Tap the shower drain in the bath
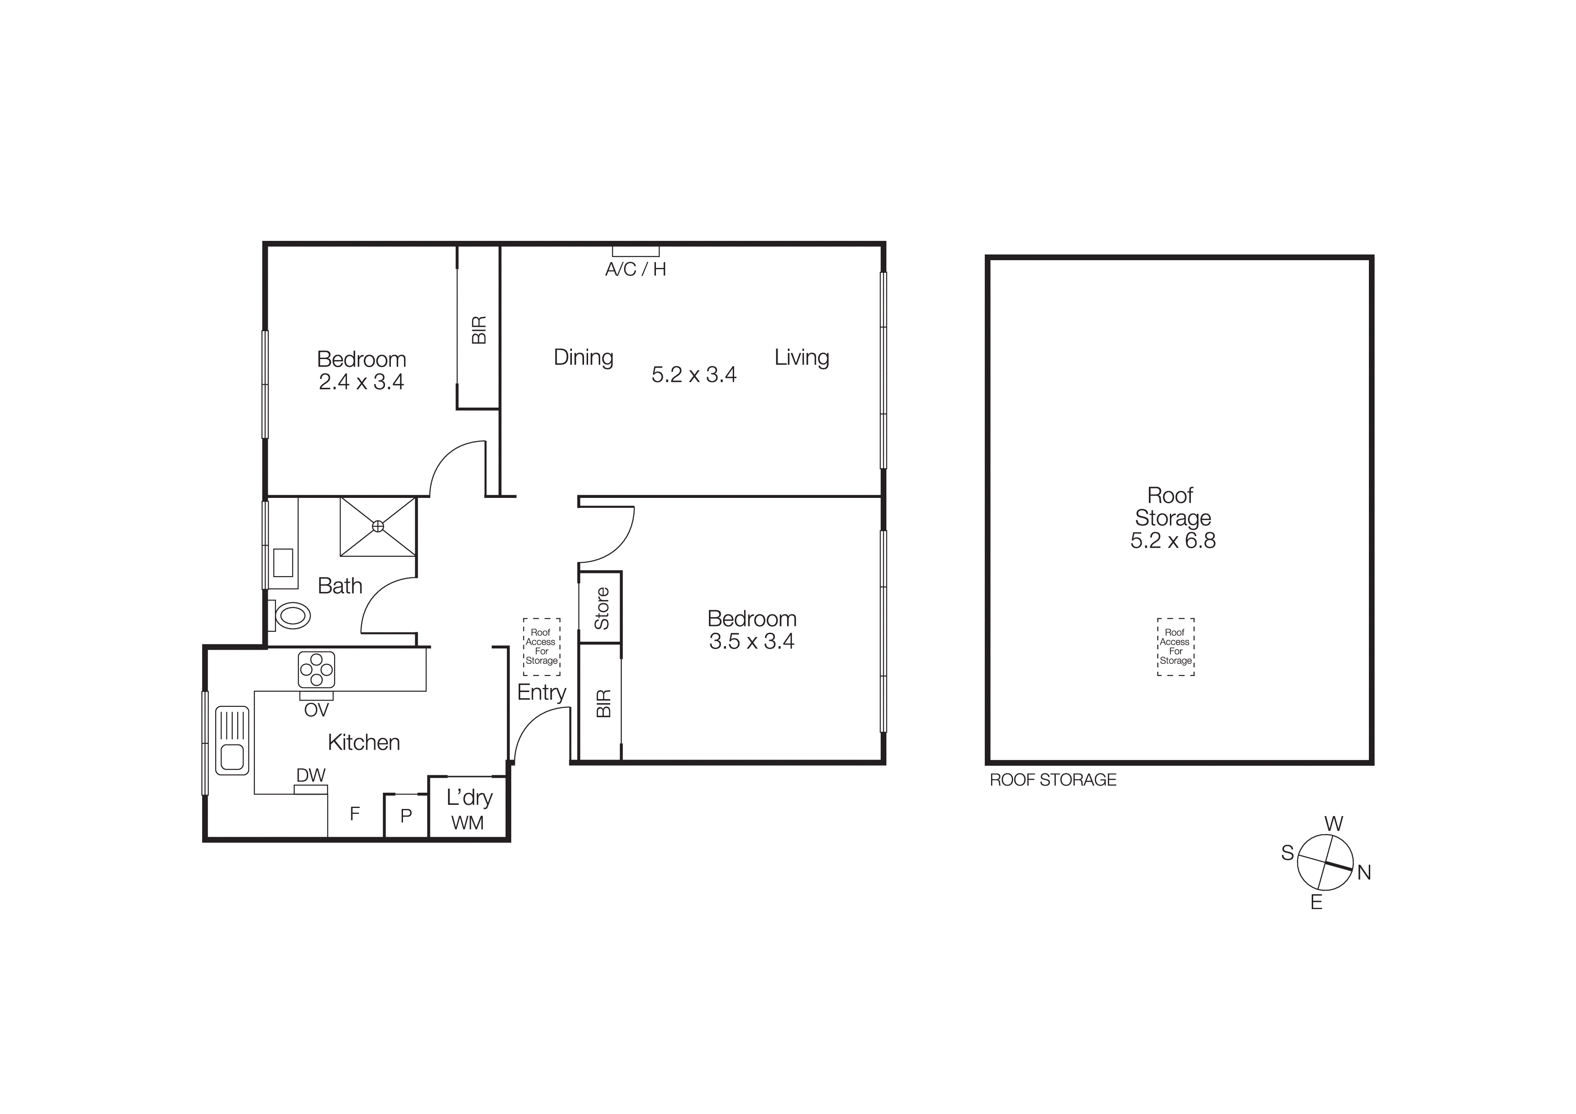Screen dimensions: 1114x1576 click(x=377, y=527)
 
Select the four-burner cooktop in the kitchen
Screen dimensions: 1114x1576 click(x=316, y=670)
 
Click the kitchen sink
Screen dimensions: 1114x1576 click(x=232, y=740)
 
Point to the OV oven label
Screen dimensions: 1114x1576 click(x=316, y=710)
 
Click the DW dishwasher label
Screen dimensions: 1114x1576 click(x=311, y=776)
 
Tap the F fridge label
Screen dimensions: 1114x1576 click(x=355, y=814)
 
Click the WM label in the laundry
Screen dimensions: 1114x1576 click(x=467, y=823)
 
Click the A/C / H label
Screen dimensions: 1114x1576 click(x=636, y=270)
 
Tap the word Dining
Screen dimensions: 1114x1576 click(x=584, y=358)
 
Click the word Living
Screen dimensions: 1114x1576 click(x=802, y=358)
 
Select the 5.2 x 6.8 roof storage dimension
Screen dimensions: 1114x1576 click(x=1173, y=541)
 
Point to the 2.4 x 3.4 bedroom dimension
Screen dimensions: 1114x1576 click(x=362, y=382)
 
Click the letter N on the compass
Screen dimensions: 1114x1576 click(x=1364, y=873)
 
